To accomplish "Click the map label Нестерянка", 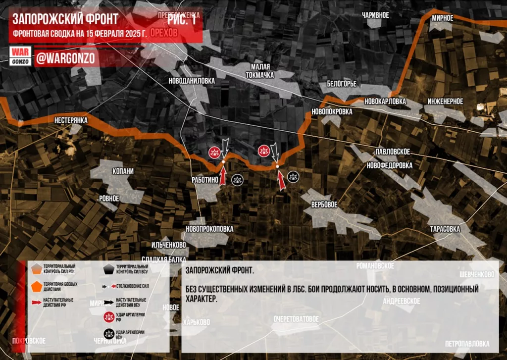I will (x=71, y=120).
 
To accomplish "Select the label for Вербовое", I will (x=324, y=205).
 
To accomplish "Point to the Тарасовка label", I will (x=445, y=229).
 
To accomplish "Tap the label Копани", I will (x=123, y=171).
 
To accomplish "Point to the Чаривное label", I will (x=375, y=15).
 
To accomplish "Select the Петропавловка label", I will (x=467, y=344).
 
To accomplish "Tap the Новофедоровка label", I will (x=389, y=166).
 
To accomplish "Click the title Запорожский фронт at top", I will (x=65, y=19).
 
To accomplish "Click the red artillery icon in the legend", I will (x=109, y=317).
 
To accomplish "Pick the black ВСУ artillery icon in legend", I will (x=109, y=334).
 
